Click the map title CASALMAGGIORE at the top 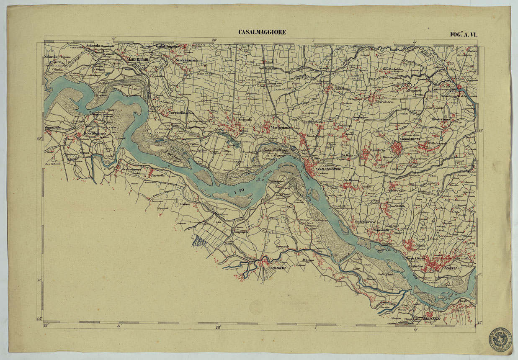tap(262, 32)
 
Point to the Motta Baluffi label tap(136, 60)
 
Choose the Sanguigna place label tap(242, 231)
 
